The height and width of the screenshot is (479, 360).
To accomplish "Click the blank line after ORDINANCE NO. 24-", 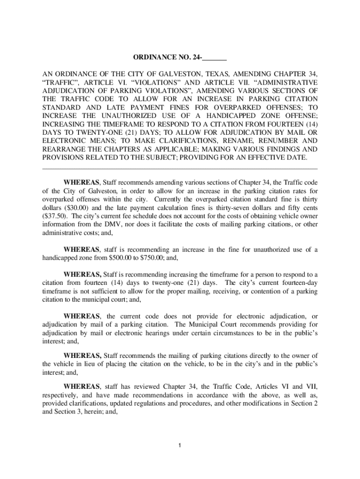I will click(x=215, y=59).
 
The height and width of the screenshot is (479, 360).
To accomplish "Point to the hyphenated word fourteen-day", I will click(x=296, y=283).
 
